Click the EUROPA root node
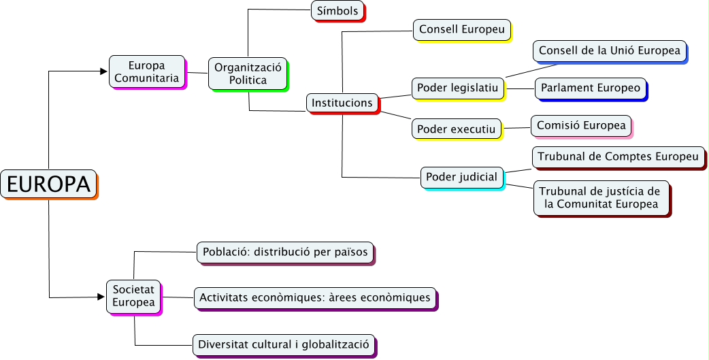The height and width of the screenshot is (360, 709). (x=48, y=184)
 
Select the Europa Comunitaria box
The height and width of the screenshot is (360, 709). (x=146, y=71)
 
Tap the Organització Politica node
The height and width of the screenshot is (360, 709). (x=248, y=73)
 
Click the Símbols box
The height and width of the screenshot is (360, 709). (x=337, y=11)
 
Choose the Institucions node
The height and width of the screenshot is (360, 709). (x=342, y=103)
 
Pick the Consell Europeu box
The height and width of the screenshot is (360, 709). (x=461, y=29)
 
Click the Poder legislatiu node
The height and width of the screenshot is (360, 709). (x=458, y=87)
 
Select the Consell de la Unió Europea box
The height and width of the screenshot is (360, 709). (x=609, y=50)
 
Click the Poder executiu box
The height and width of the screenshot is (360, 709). (x=456, y=128)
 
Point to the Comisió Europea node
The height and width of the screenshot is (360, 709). (x=580, y=125)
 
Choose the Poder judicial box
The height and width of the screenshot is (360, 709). (x=461, y=177)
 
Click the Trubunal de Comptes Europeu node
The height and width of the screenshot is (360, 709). (x=618, y=157)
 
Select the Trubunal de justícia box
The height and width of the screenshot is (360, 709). (x=601, y=197)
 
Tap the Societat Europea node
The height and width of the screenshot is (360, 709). (x=133, y=297)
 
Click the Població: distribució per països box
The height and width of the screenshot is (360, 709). (x=285, y=252)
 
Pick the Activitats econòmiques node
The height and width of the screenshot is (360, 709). (x=314, y=297)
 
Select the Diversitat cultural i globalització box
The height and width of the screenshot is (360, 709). (x=283, y=344)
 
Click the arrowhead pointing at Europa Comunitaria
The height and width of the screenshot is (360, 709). (x=105, y=71)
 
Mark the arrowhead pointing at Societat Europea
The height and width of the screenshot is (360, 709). (x=102, y=297)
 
